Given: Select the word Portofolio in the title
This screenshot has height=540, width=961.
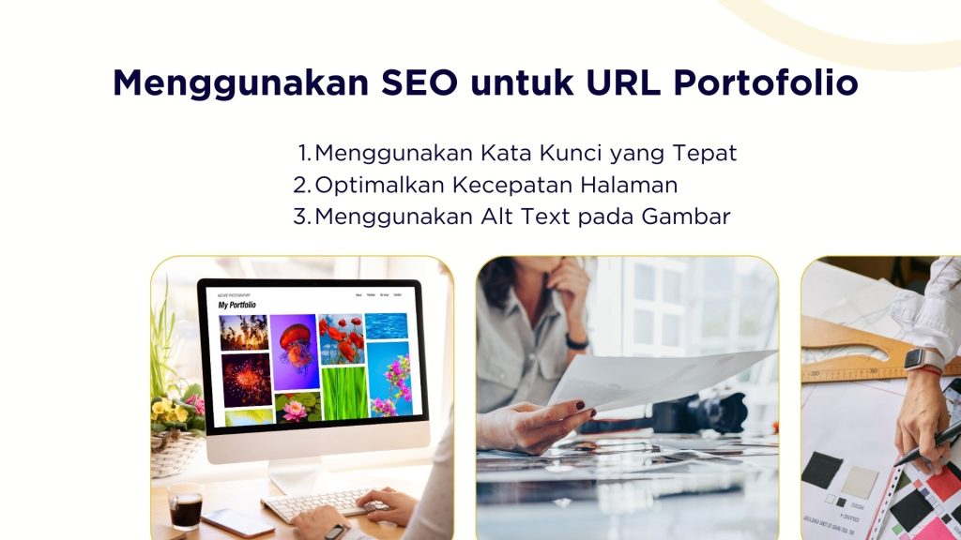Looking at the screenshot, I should (x=765, y=83).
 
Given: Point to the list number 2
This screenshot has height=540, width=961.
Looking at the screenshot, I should (x=300, y=185).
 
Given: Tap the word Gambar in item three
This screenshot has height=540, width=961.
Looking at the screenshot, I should (x=686, y=217).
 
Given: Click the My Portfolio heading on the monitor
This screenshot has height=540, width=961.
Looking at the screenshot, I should (x=236, y=306).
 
